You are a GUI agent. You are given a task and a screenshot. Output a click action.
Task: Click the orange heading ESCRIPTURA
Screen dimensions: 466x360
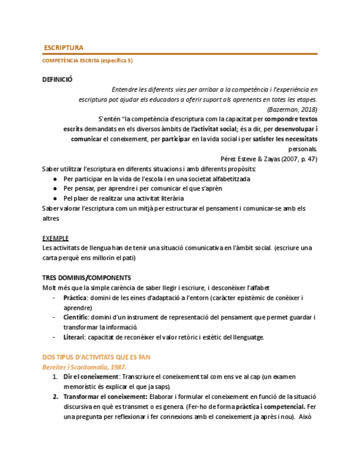pyautogui.click(x=63, y=48)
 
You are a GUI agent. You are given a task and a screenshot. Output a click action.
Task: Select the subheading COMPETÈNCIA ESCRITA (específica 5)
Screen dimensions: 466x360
pyautogui.click(x=87, y=60)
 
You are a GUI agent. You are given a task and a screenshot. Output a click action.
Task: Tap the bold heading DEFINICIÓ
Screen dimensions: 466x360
pyautogui.click(x=57, y=79)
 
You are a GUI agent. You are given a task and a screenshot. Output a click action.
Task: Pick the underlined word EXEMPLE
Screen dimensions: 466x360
pyautogui.click(x=56, y=238)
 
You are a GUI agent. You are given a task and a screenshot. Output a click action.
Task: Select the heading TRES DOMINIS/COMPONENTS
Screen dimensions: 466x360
pyautogui.click(x=87, y=278)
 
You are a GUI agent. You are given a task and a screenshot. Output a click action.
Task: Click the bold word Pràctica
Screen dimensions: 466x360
pyautogui.click(x=75, y=297)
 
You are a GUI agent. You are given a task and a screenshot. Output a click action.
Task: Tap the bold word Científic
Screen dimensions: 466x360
pyautogui.click(x=76, y=317)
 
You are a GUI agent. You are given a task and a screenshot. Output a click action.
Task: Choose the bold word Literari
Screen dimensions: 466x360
pyautogui.click(x=74, y=337)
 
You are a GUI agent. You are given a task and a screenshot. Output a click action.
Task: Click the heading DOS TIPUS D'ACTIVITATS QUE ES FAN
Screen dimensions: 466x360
pyautogui.click(x=96, y=357)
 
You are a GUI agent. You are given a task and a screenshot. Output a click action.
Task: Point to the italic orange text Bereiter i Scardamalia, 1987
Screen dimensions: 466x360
pyautogui.click(x=84, y=367)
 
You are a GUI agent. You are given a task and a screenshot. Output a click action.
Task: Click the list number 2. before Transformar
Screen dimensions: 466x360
pyautogui.click(x=56, y=396)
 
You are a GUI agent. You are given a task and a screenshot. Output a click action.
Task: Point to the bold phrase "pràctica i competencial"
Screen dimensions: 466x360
pyautogui.click(x=270, y=407)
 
